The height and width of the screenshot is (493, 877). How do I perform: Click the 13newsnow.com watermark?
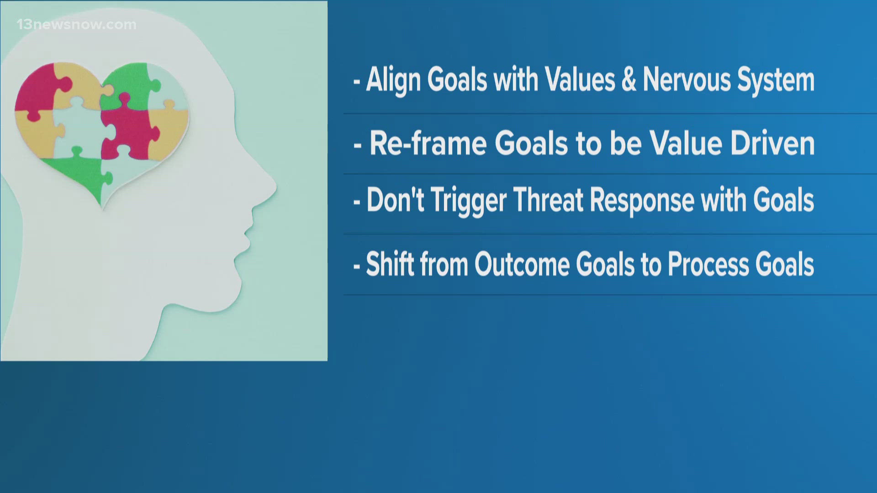(77, 24)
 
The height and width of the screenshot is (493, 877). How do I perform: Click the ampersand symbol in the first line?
(629, 80)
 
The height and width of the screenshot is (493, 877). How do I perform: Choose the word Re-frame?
(428, 144)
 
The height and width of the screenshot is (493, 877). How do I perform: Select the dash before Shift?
(357, 267)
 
